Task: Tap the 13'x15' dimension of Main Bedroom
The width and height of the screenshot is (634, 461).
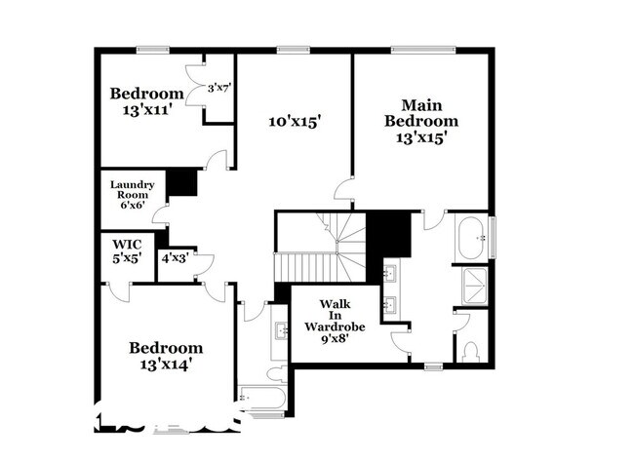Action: coord(420,137)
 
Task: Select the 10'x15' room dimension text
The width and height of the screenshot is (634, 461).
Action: coord(295,122)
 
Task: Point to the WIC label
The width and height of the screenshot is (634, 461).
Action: coord(127,244)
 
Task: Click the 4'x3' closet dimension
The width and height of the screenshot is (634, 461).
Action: coord(175,257)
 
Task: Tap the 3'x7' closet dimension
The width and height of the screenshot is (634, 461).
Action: coord(218,89)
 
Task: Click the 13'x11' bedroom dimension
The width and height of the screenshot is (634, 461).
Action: coord(146,110)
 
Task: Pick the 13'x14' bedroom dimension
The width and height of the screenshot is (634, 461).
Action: coord(167,365)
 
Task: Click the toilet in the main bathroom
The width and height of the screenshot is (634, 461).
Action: coord(474,349)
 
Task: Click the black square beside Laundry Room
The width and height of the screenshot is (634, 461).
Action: coord(181,183)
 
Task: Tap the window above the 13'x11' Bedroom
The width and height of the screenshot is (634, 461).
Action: coord(152,50)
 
